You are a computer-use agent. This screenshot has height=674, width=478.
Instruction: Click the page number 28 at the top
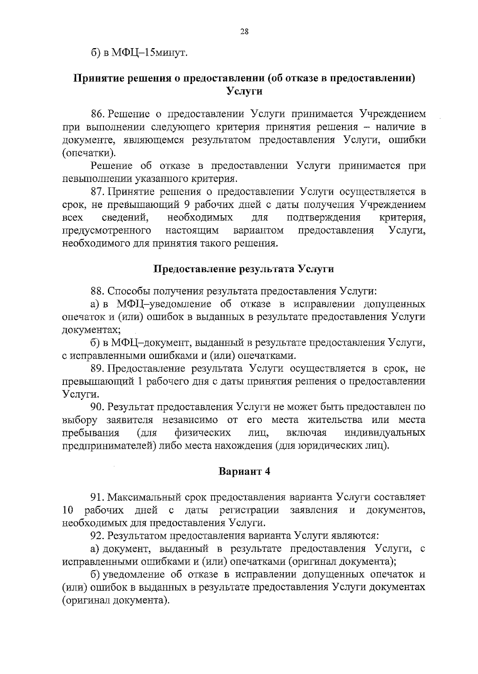tap(244, 32)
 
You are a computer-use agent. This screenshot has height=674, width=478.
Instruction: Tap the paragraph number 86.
tap(98, 114)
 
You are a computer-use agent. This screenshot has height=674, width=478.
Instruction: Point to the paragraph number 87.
tap(98, 192)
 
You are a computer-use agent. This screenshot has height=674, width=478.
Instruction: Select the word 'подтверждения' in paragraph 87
tap(323, 218)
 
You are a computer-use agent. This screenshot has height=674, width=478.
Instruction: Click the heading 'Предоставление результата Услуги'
tap(244, 269)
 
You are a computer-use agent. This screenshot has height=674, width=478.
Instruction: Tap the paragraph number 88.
tap(98, 291)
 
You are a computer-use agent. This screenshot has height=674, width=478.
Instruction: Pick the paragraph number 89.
tap(98, 368)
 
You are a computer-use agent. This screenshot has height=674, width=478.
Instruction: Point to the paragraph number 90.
tap(98, 407)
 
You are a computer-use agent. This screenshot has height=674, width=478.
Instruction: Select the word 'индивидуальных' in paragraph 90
tap(384, 433)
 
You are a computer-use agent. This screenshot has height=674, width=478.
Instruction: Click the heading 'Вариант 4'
tap(244, 471)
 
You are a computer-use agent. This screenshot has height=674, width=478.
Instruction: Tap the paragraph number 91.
tap(98, 497)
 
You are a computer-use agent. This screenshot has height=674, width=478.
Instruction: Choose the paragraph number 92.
tap(98, 536)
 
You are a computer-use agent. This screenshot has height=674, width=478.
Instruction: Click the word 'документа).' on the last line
tap(141, 600)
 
